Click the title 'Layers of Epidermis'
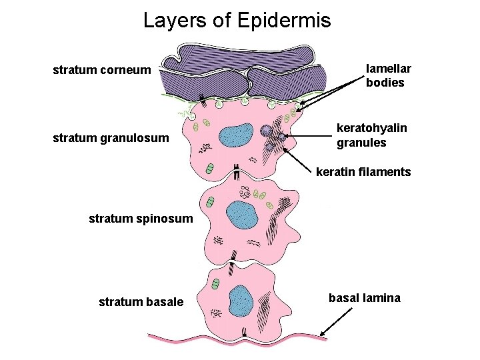(x=237, y=21)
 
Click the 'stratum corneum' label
(x=101, y=69)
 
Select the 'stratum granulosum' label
(x=110, y=139)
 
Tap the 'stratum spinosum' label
(x=141, y=218)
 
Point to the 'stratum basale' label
(x=141, y=302)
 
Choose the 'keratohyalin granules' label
(x=361, y=135)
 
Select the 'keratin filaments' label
(x=363, y=172)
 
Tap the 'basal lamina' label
(x=365, y=298)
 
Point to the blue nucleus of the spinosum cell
(x=241, y=215)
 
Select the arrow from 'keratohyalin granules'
(x=309, y=136)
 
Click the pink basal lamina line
(x=200, y=337)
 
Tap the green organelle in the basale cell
(x=215, y=285)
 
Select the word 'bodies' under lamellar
(x=385, y=83)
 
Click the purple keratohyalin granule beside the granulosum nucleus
(x=267, y=131)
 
